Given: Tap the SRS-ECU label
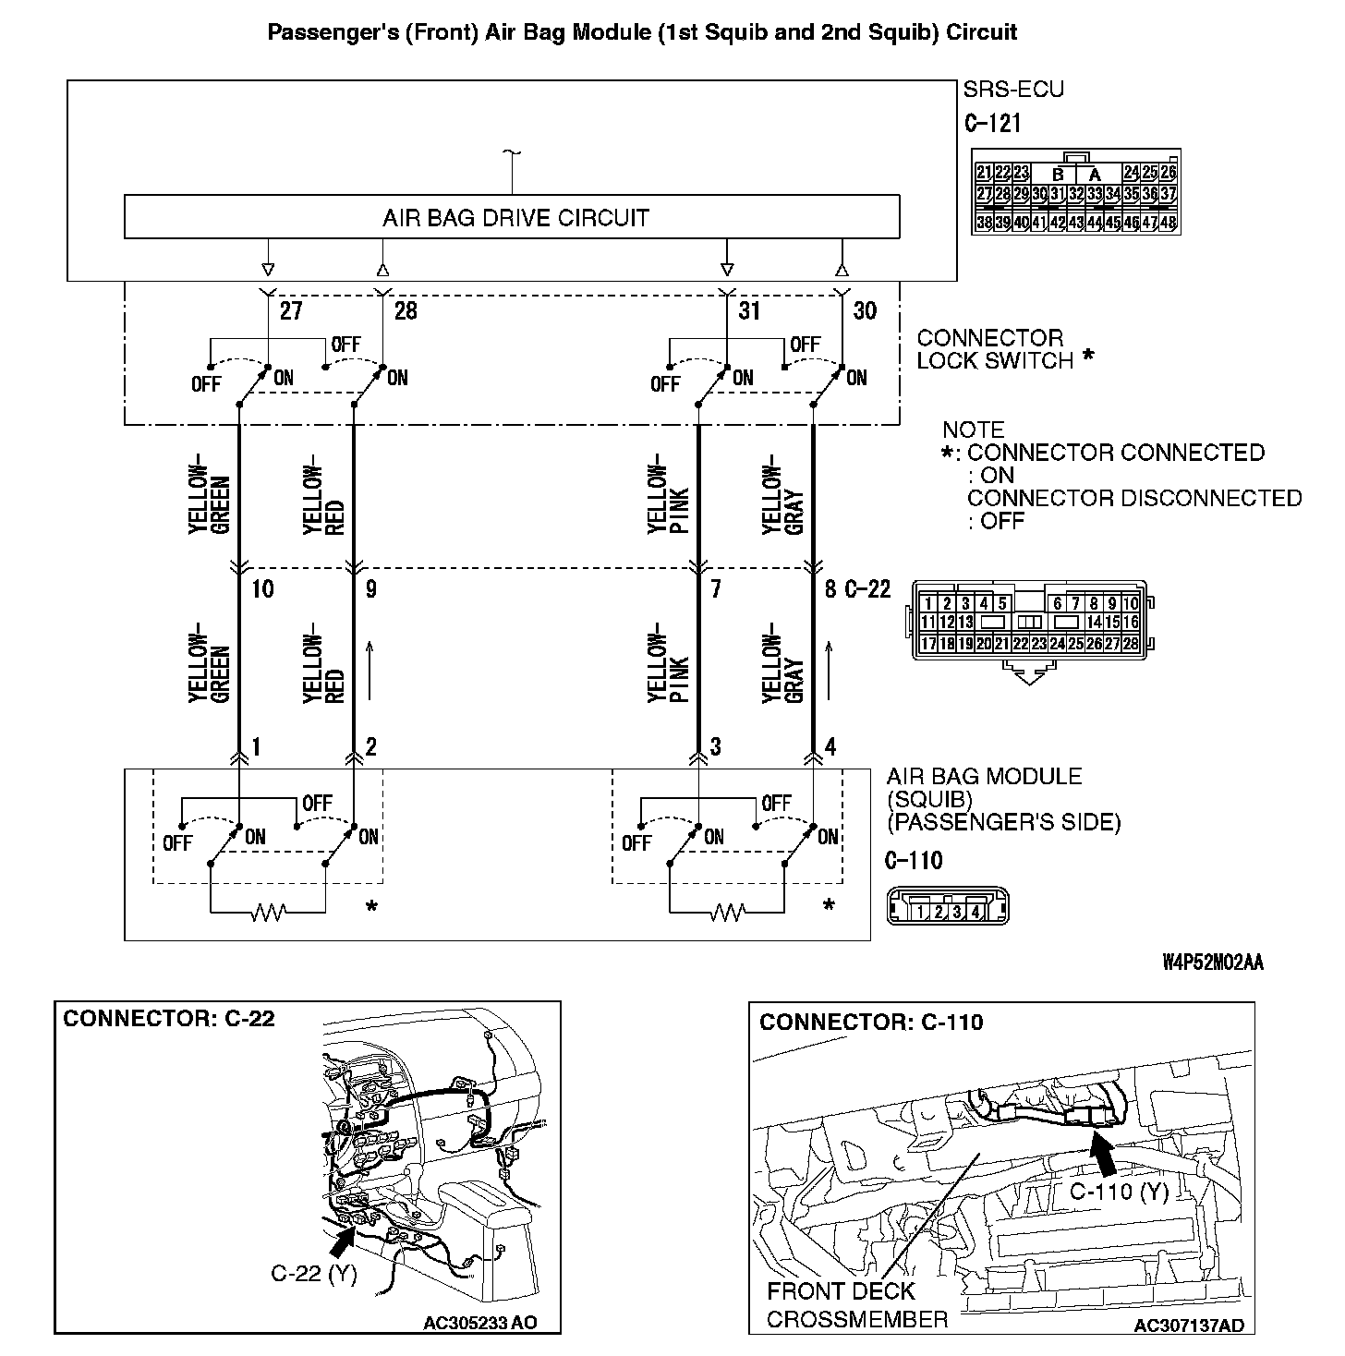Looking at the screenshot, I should [x=1013, y=90].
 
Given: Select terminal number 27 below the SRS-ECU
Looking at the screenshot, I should [x=290, y=310].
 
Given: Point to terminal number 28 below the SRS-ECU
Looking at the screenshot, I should [x=405, y=310].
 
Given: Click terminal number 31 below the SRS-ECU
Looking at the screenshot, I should [x=748, y=310].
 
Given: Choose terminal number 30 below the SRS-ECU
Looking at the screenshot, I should [x=864, y=310].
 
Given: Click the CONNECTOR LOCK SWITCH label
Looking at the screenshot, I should [x=994, y=349].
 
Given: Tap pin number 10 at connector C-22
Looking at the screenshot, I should [x=262, y=588].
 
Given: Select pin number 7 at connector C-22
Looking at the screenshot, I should [x=715, y=588].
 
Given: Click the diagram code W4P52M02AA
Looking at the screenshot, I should [x=1212, y=963].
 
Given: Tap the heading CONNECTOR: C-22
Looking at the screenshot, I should [x=168, y=1019].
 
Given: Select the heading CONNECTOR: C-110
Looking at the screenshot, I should [x=870, y=1022].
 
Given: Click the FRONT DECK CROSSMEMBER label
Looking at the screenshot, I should [x=855, y=1304].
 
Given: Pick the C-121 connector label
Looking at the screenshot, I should [x=992, y=124].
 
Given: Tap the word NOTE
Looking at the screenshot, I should [x=973, y=430].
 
